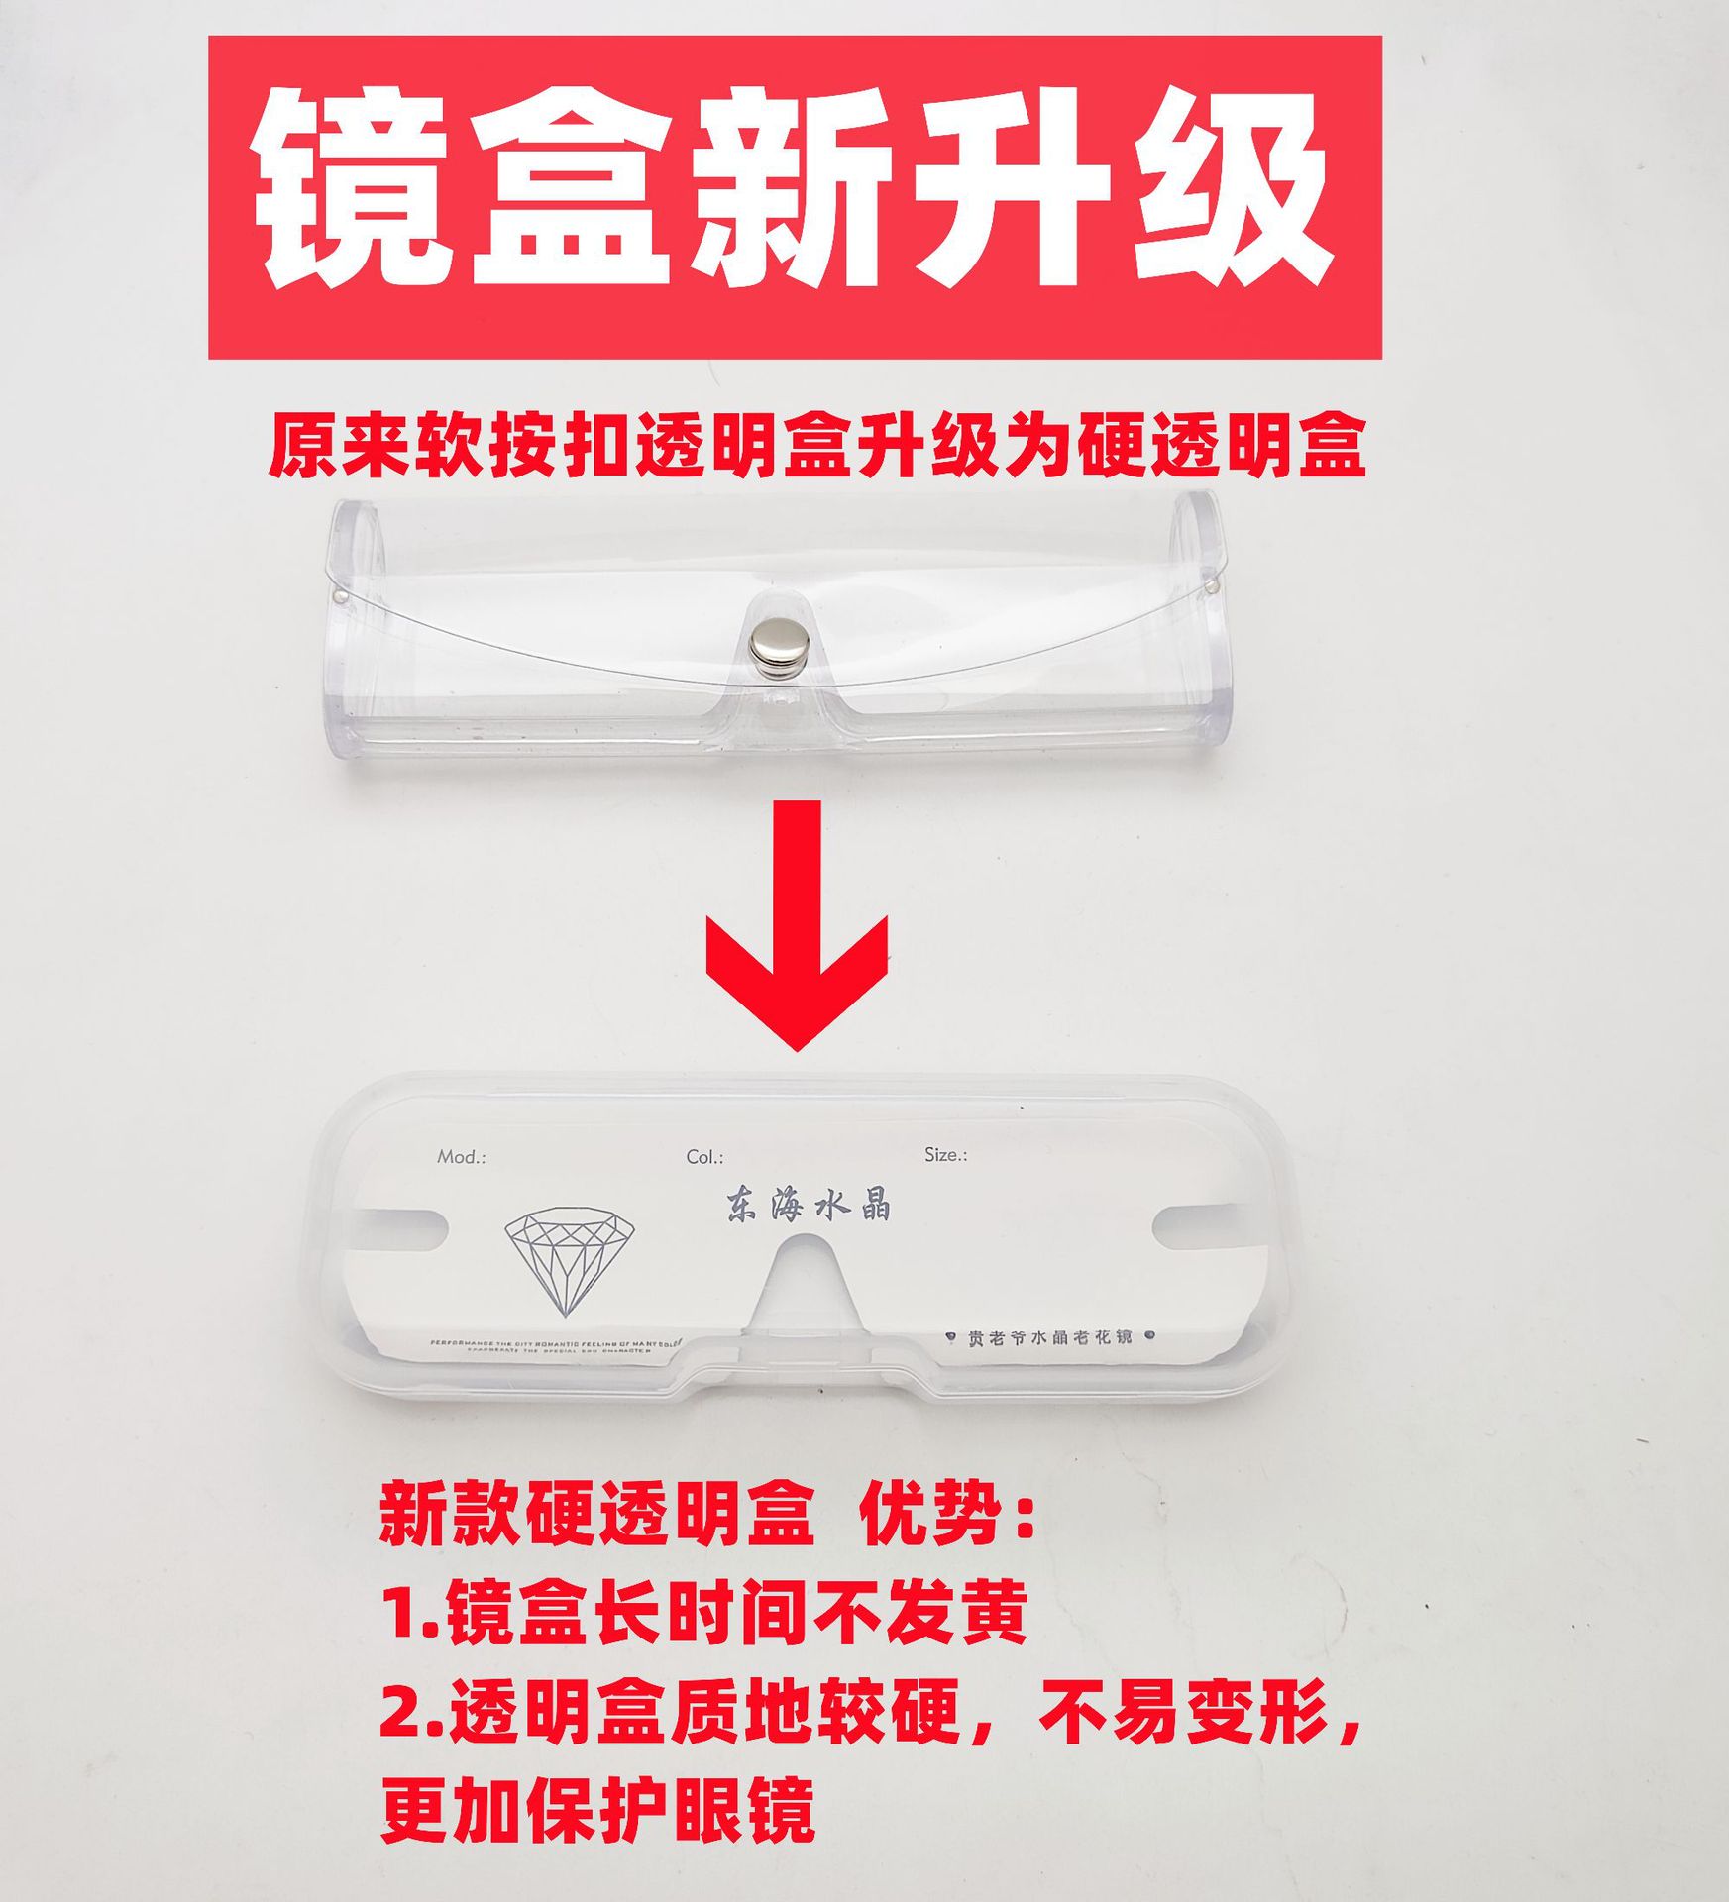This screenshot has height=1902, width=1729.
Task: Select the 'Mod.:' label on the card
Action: tap(462, 1157)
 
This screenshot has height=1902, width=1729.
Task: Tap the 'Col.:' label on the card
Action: tap(704, 1157)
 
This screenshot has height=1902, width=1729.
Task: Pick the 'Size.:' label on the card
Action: tap(945, 1155)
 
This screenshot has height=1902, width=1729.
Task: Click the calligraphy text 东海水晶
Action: tap(808, 1206)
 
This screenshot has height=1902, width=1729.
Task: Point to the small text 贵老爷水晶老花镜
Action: tap(1049, 1337)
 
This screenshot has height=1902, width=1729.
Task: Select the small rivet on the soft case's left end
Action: tap(341, 596)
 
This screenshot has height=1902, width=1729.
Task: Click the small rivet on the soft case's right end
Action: tap(1214, 586)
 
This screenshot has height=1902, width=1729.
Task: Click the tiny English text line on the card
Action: tap(556, 1346)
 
